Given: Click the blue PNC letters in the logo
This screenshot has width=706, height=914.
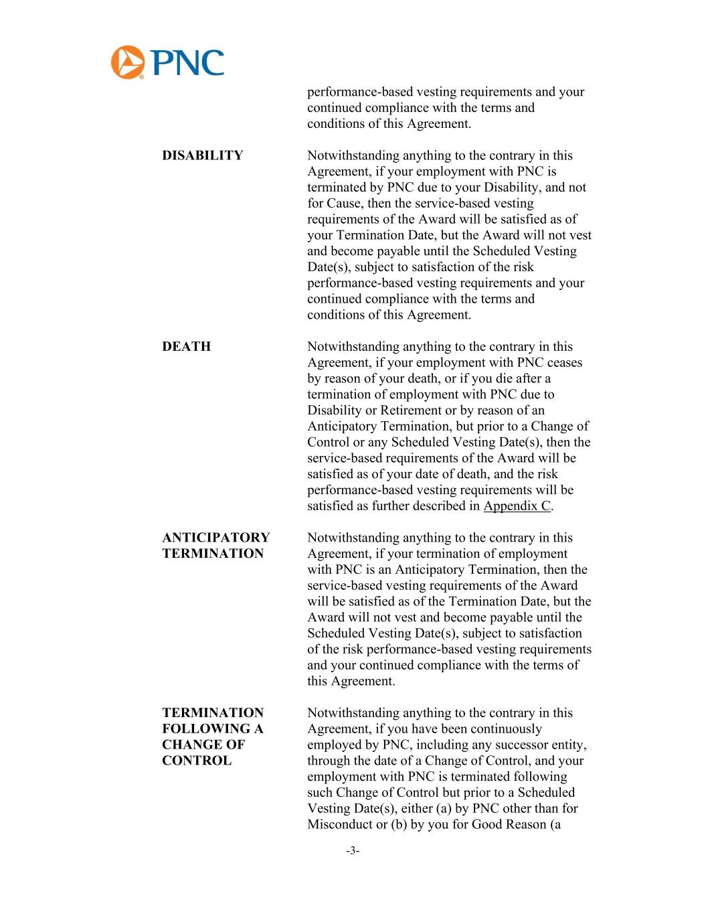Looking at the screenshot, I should (x=187, y=63).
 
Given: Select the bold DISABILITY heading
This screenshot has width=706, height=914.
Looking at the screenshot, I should (x=202, y=156).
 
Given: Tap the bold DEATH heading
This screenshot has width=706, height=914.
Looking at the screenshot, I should (x=186, y=347).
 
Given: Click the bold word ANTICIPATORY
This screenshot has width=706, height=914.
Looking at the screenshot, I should (x=215, y=538).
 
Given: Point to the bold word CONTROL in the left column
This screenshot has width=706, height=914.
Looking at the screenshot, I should (x=197, y=761).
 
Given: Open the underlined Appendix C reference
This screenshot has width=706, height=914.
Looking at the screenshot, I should (x=517, y=506).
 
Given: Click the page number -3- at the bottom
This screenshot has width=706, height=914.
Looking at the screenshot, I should (x=353, y=851).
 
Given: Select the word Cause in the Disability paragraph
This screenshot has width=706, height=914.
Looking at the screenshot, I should (x=344, y=204).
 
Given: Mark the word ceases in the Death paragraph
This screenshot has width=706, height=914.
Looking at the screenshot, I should (x=565, y=363).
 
